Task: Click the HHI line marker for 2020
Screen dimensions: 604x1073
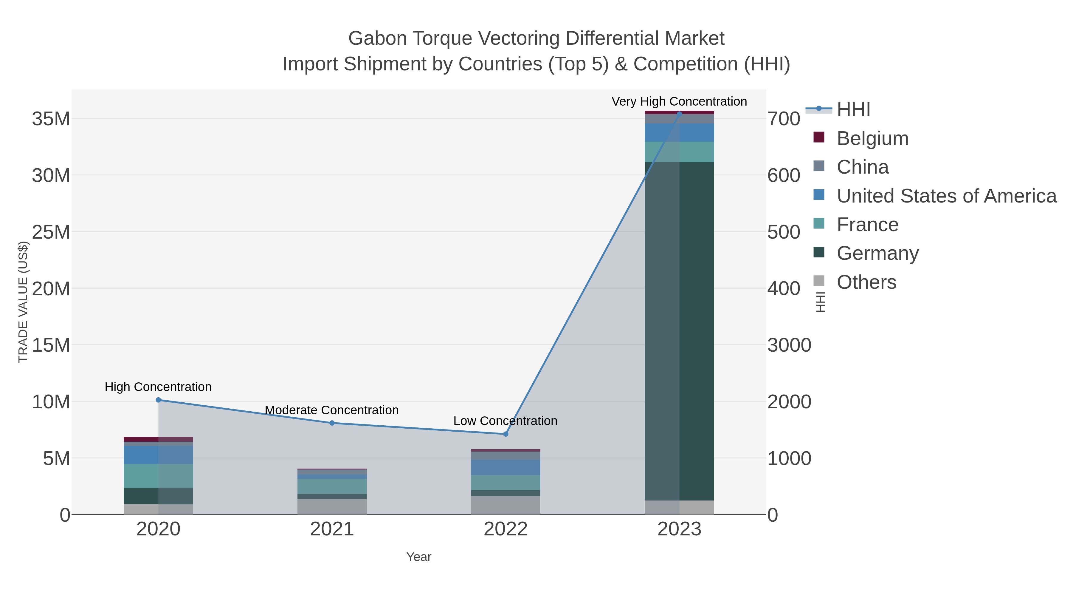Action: [x=158, y=400]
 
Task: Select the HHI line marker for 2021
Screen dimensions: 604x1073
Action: [x=332, y=423]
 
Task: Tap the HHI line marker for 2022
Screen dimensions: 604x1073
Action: [x=506, y=434]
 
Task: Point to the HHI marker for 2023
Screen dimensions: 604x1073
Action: [x=679, y=114]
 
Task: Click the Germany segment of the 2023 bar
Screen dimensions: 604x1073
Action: [x=679, y=331]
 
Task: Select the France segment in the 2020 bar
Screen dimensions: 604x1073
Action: [x=158, y=476]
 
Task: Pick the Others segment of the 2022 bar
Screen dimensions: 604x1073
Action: [x=506, y=505]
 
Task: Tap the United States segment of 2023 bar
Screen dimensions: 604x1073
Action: [x=679, y=132]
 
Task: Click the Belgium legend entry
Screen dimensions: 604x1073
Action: [x=872, y=138]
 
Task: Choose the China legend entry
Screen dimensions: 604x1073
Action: [x=862, y=167]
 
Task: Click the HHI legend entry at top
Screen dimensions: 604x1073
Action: [x=853, y=110]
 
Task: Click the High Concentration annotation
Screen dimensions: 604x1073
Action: [x=158, y=387]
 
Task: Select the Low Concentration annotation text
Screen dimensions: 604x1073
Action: [x=505, y=421]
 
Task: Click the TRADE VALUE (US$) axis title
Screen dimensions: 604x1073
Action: [x=23, y=302]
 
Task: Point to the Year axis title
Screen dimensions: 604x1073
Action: [x=419, y=557]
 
